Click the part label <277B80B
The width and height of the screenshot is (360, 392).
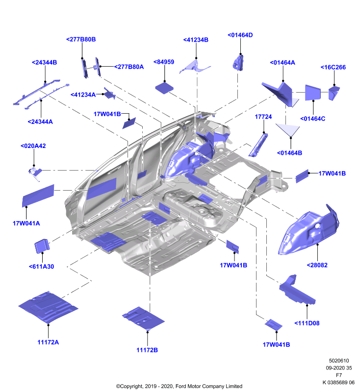click(x=81, y=39)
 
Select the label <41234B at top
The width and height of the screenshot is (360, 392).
click(x=196, y=40)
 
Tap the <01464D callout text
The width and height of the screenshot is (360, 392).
click(x=240, y=35)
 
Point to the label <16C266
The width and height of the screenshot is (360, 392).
click(x=333, y=67)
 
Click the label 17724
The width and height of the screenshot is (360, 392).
click(x=263, y=117)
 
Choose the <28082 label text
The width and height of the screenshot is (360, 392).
click(x=317, y=265)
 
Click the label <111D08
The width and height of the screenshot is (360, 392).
click(x=307, y=323)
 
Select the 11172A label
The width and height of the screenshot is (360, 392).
click(x=48, y=342)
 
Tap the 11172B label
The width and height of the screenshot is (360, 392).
click(x=147, y=350)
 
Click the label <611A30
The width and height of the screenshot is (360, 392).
click(x=41, y=267)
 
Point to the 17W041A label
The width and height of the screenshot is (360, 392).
click(x=26, y=223)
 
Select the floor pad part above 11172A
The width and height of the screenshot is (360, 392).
click(x=48, y=308)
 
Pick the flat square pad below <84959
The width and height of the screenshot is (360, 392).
click(x=164, y=88)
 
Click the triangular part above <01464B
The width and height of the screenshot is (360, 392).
click(x=288, y=129)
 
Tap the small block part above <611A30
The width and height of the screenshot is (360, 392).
click(x=42, y=246)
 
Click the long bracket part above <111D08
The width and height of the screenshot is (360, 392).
click(x=297, y=290)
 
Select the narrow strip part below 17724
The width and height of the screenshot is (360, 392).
click(x=258, y=145)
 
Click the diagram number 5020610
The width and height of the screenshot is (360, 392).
click(x=339, y=361)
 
